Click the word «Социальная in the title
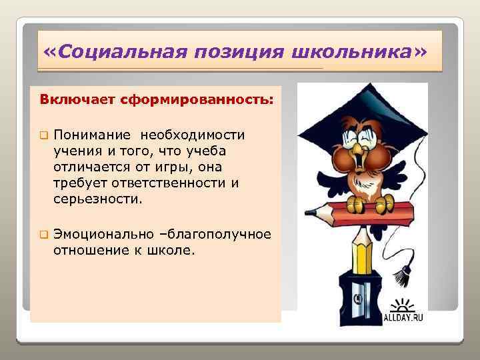pyautogui.click(x=113, y=53)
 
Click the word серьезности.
pyautogui.click(x=98, y=199)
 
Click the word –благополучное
pyautogui.click(x=219, y=235)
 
